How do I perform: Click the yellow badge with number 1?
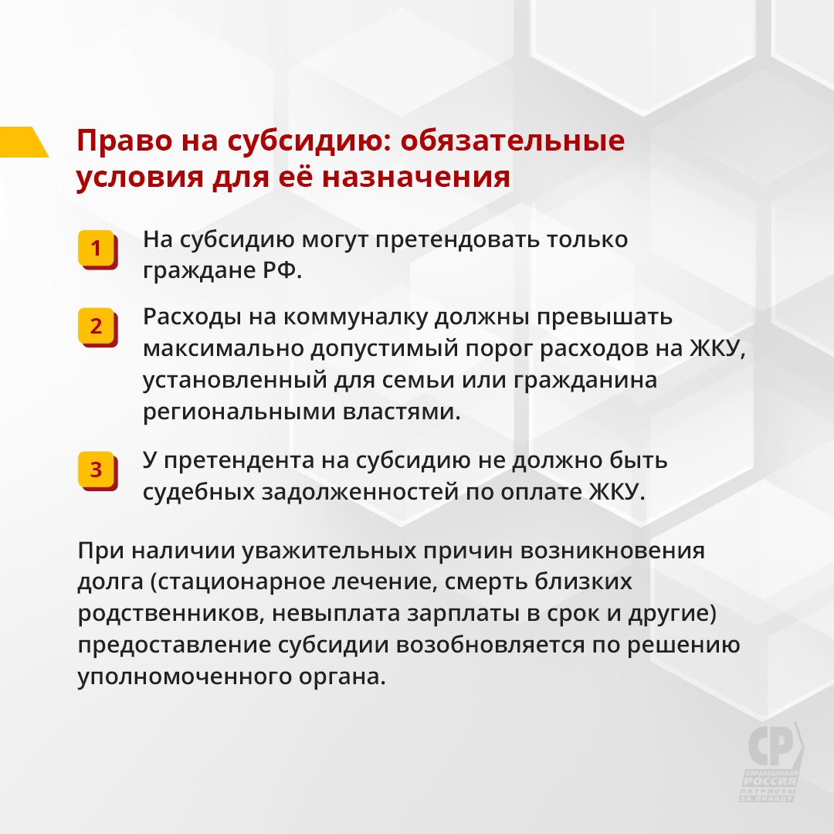[x=97, y=249]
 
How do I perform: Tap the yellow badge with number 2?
[x=97, y=327]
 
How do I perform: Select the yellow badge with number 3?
[x=97, y=470]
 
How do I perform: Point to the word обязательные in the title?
[x=512, y=141]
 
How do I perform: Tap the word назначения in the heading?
[x=416, y=177]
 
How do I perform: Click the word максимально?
[x=222, y=348]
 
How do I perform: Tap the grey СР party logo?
[x=772, y=761]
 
